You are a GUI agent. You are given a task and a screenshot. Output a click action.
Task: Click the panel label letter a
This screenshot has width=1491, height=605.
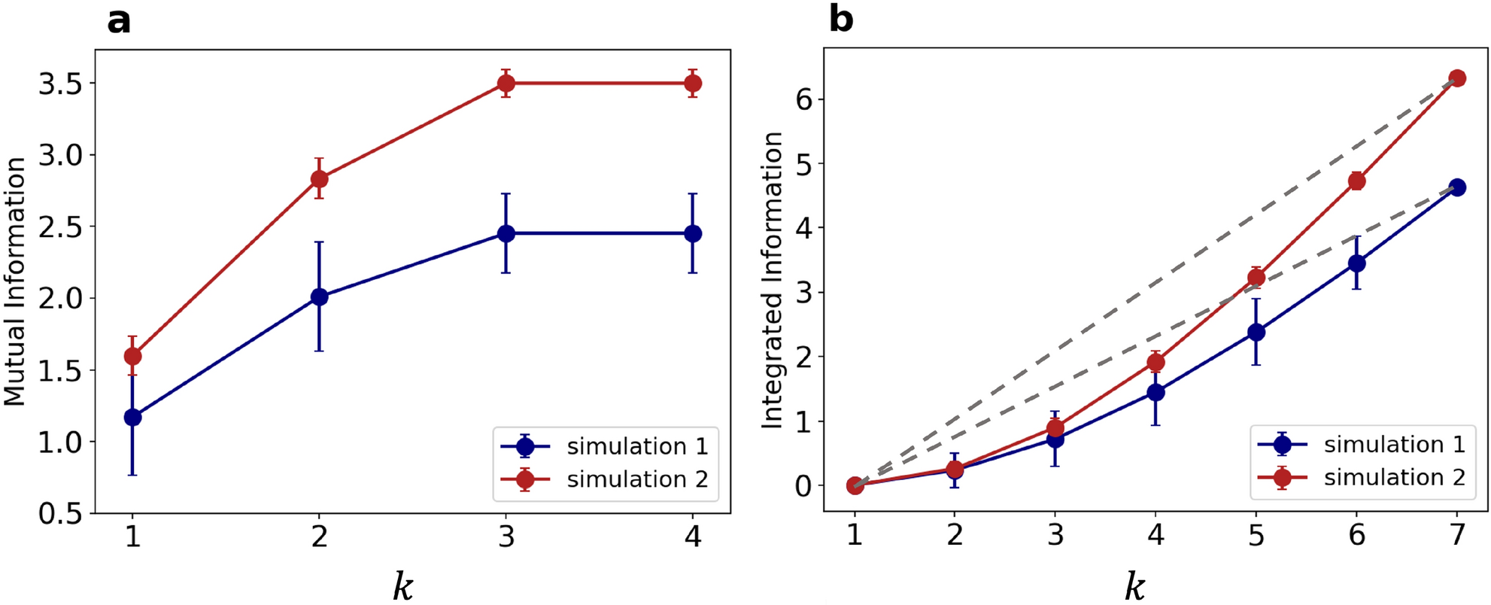click(x=119, y=21)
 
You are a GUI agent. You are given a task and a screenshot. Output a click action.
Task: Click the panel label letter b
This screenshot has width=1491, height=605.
click(x=840, y=19)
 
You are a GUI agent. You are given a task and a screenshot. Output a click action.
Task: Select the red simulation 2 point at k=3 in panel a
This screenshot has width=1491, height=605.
click(x=506, y=84)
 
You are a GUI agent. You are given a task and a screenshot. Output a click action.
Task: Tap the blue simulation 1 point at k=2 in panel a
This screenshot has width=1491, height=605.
click(x=319, y=297)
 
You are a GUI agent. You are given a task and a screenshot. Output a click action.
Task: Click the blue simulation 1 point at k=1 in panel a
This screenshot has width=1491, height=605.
click(x=132, y=417)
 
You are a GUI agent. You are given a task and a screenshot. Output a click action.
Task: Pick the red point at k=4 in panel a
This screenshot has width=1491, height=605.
click(x=693, y=84)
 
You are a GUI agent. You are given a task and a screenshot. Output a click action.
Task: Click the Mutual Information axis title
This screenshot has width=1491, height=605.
click(x=15, y=282)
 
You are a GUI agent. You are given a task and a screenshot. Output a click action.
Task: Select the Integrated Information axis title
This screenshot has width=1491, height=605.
click(x=773, y=281)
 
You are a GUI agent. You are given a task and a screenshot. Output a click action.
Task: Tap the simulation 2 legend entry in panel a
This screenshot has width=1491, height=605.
click(x=636, y=479)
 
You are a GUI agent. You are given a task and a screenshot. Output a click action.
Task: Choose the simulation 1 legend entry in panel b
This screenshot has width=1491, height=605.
click(x=1394, y=445)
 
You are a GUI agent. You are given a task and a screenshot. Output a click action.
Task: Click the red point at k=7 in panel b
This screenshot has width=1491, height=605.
click(x=1457, y=78)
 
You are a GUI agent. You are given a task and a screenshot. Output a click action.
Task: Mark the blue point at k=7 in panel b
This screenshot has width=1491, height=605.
click(x=1457, y=187)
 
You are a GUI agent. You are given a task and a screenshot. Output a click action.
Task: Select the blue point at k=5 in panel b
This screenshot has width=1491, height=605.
click(x=1256, y=332)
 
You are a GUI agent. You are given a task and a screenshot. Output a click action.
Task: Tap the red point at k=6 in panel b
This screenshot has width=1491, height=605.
click(x=1357, y=181)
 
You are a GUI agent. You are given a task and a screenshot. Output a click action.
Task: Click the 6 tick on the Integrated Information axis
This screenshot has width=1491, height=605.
click(x=804, y=99)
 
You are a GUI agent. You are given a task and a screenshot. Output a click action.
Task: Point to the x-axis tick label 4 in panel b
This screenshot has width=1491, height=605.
click(x=1155, y=535)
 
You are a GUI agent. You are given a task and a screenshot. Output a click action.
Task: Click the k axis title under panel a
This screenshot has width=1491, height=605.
click(x=403, y=586)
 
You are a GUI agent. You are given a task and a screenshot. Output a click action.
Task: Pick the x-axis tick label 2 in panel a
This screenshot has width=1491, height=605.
click(x=319, y=537)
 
